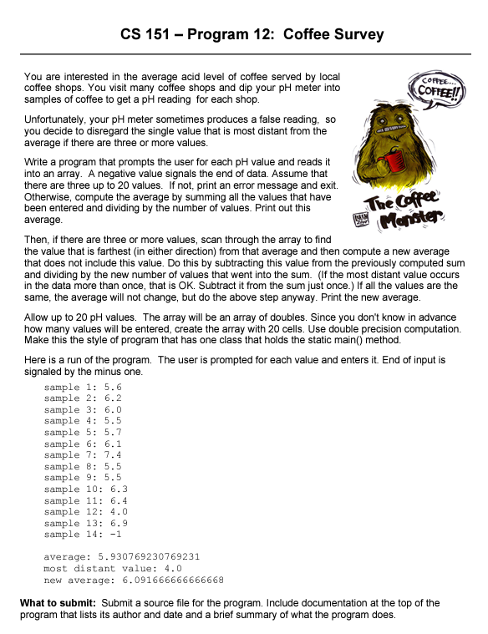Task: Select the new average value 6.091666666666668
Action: click(167, 579)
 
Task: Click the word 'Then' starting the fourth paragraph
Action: click(36, 240)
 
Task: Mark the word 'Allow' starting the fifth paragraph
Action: click(38, 318)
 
